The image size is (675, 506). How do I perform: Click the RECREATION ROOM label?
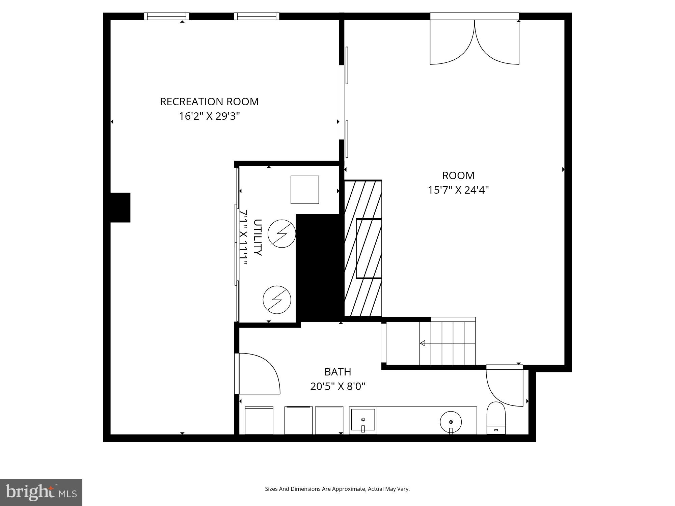[x=209, y=102]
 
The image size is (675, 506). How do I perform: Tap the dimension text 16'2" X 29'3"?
[x=209, y=116]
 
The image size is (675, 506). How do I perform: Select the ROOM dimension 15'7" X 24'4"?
[x=458, y=190]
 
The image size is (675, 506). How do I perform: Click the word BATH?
[x=337, y=372]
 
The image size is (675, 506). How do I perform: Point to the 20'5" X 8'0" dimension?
[x=337, y=386]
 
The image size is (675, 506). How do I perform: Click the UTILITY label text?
[x=258, y=237]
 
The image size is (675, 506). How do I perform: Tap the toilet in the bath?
[x=496, y=418]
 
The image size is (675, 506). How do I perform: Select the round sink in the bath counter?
[x=451, y=422]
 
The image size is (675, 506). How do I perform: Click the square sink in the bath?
[x=363, y=420]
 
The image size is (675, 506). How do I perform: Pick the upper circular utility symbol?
[x=282, y=233]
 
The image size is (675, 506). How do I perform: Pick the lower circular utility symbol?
[x=277, y=300]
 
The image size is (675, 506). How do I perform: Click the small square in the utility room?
[x=305, y=190]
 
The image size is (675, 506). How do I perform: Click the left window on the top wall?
[x=167, y=16]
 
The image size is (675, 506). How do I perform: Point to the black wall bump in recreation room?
[x=120, y=207]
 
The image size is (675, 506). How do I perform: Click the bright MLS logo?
[x=41, y=492]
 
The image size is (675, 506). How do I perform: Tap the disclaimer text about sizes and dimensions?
[x=337, y=489]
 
